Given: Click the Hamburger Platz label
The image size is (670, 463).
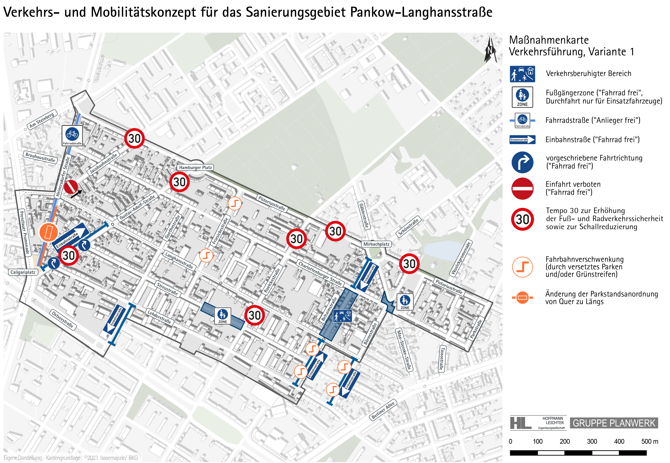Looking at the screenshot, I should [195, 167].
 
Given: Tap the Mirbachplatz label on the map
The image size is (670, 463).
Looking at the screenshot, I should [376, 244].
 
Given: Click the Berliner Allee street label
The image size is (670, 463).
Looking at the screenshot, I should [383, 410].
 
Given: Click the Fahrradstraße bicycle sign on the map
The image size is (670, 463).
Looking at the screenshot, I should [72, 135].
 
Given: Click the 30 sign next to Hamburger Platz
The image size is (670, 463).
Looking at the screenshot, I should [179, 182].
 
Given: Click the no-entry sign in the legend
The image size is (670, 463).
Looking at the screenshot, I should [522, 189].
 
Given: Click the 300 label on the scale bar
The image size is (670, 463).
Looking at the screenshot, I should [592, 441].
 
